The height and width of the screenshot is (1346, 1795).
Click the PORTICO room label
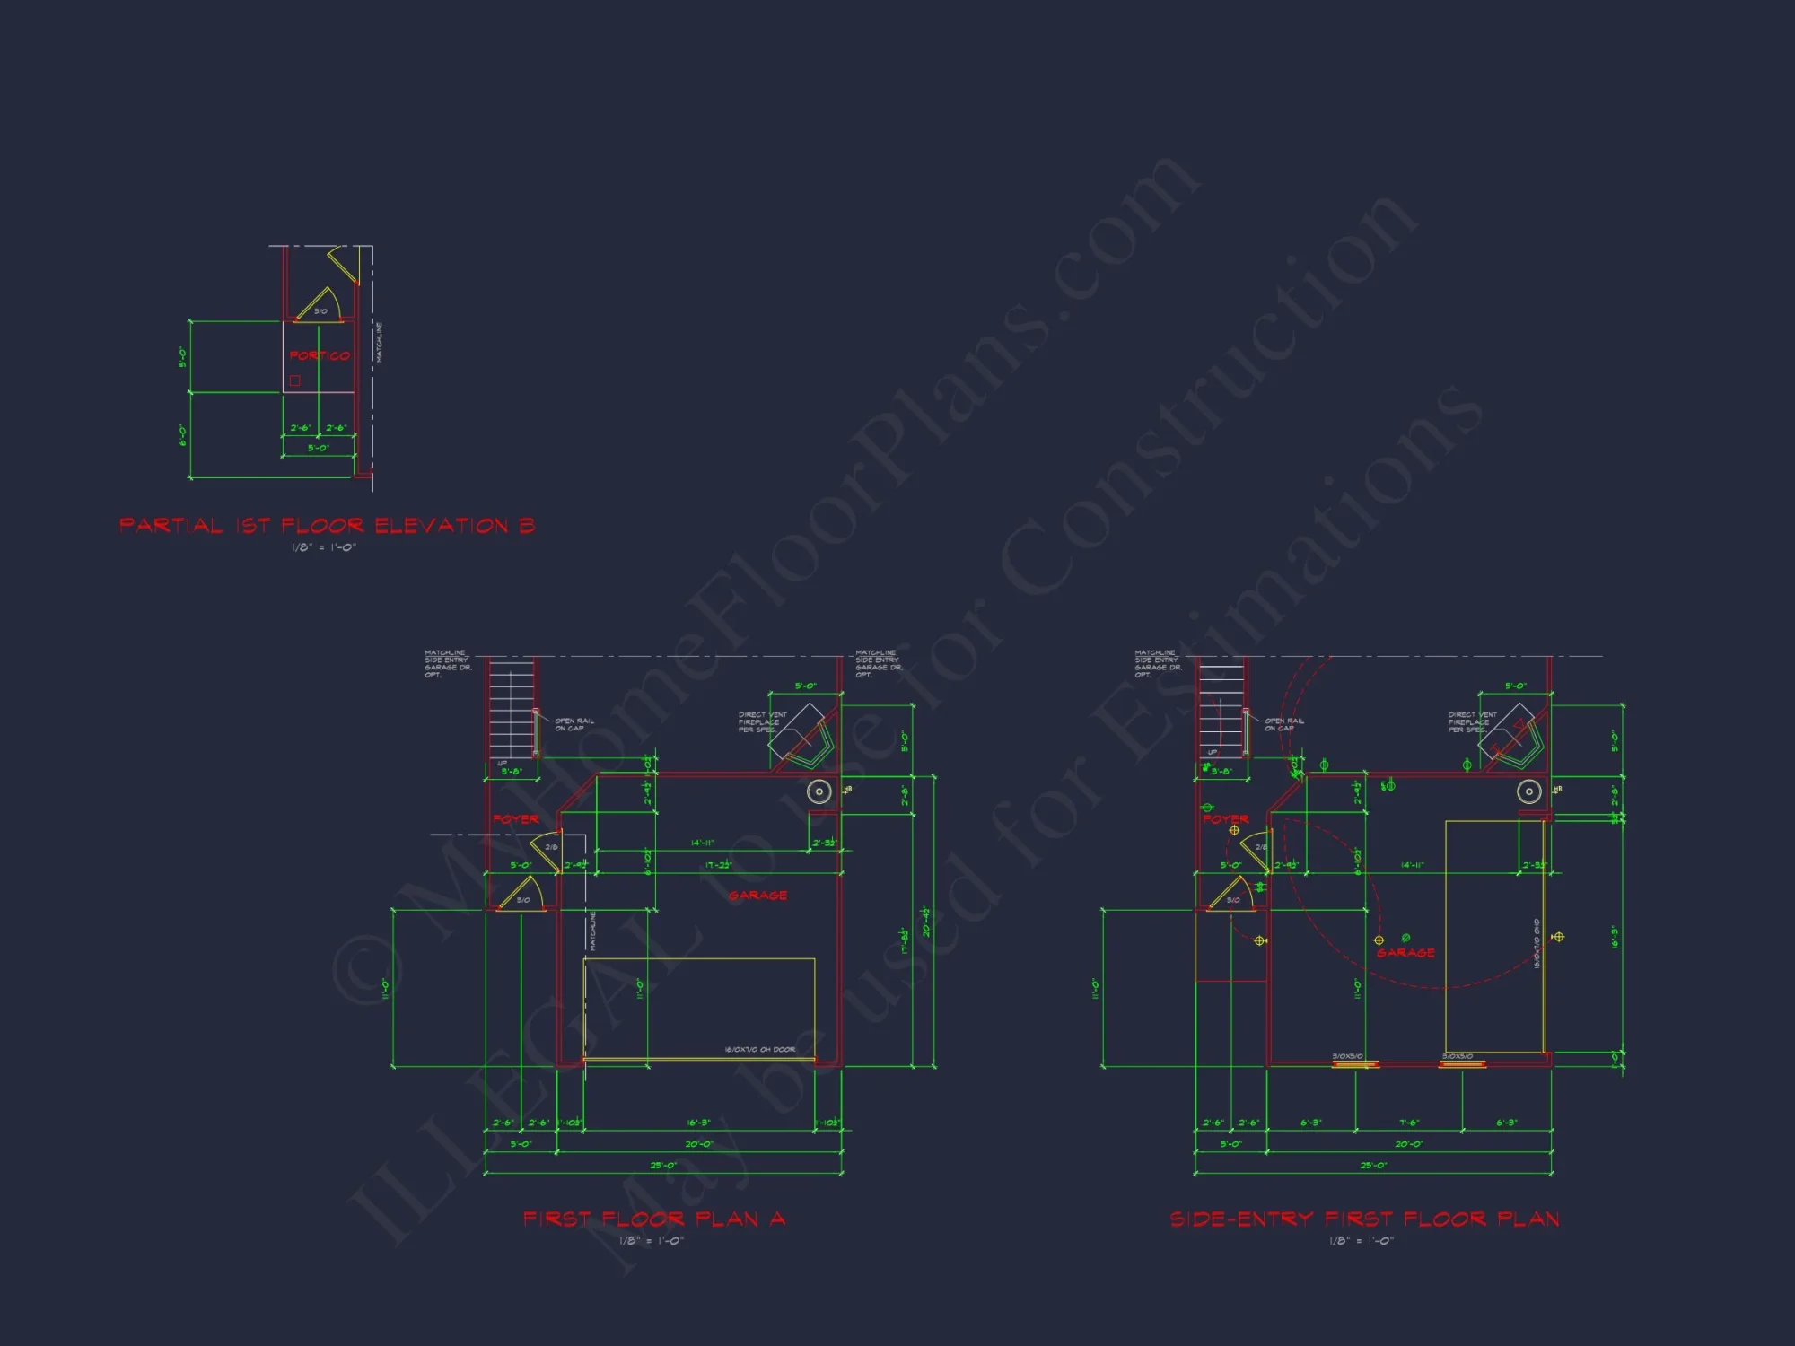(x=320, y=356)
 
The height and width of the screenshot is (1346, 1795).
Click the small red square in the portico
(x=294, y=380)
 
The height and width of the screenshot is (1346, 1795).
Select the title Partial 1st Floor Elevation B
(x=327, y=526)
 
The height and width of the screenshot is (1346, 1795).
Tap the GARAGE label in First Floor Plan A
(x=757, y=896)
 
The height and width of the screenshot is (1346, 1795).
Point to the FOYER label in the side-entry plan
(x=1225, y=819)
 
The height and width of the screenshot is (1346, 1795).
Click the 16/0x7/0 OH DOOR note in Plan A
(x=759, y=1049)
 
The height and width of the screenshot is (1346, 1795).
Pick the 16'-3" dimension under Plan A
(x=698, y=1123)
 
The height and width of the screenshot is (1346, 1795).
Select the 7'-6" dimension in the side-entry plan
(x=1408, y=1123)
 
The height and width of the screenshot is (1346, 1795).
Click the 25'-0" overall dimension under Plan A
(x=663, y=1166)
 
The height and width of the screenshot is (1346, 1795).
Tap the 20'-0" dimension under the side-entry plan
(x=1408, y=1144)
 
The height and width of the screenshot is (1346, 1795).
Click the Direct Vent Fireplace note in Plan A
(x=762, y=722)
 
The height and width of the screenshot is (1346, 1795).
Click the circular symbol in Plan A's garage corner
(x=819, y=791)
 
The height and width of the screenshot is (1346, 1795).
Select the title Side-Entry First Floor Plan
(x=1364, y=1219)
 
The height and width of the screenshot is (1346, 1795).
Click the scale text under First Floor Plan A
(x=652, y=1241)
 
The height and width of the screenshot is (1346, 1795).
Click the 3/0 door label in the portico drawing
(x=320, y=311)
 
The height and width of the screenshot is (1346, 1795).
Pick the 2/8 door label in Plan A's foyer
(x=551, y=847)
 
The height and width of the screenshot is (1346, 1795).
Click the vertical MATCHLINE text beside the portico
(x=379, y=342)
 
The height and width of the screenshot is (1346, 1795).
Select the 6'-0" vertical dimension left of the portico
(x=183, y=435)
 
